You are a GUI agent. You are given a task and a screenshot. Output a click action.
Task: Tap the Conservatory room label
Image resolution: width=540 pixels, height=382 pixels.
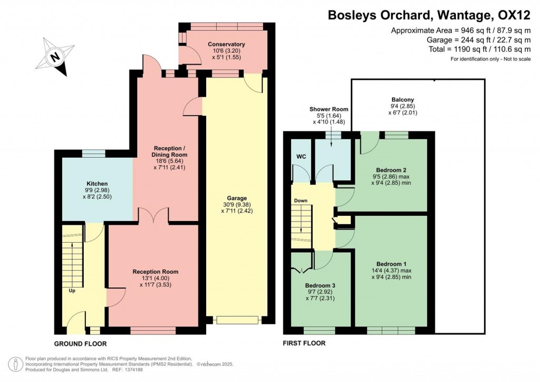226,44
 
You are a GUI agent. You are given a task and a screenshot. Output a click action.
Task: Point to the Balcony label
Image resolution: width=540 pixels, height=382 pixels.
402,99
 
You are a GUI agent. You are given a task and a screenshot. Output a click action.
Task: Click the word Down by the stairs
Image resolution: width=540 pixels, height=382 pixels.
301,201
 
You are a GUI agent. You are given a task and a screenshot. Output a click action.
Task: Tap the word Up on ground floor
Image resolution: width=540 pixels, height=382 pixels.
72,290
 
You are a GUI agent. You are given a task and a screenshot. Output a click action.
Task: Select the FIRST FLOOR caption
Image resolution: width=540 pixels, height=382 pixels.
304,343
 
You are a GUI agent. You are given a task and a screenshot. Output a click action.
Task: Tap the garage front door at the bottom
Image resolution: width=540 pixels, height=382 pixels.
237,320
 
